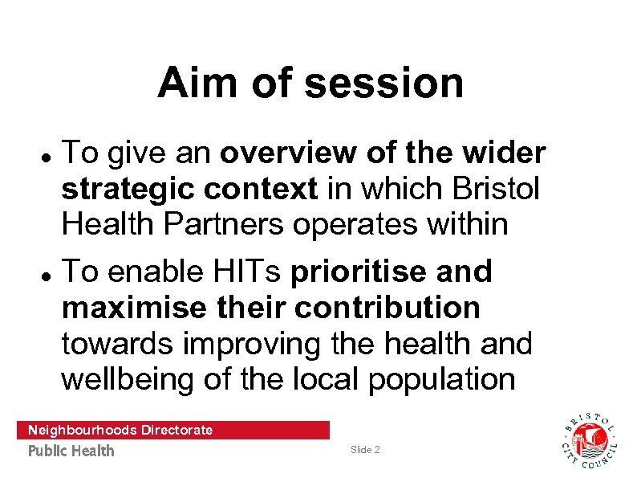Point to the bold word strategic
pyautogui.click(x=128, y=190)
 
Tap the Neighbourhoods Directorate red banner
pyautogui.click(x=172, y=430)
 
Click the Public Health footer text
pyautogui.click(x=71, y=451)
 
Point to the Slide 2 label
pyautogui.click(x=366, y=450)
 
